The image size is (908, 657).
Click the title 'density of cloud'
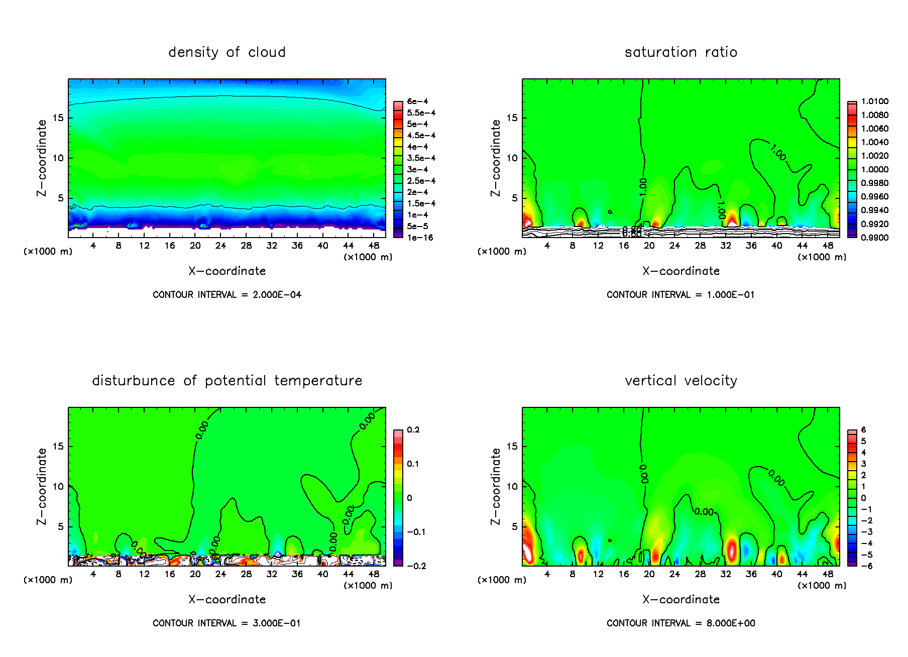pos(226,52)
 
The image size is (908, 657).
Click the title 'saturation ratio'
pos(680,52)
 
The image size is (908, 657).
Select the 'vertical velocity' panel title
pos(680,381)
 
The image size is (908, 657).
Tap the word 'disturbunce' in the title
pos(133,381)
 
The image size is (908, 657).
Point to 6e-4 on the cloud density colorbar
pos(417,101)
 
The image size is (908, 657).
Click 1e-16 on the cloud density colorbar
pos(420,238)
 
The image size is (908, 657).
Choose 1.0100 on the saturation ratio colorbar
pos(874,101)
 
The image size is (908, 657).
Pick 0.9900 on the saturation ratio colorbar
pos(874,238)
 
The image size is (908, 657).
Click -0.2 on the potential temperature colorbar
pos(416,566)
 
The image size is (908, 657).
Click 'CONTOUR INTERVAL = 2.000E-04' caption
pos(226,295)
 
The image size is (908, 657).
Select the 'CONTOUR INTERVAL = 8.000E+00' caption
pos(680,623)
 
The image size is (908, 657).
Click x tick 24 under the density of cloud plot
pos(220,246)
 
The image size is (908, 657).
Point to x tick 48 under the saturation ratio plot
pos(828,246)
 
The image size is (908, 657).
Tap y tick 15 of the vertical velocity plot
pos(512,447)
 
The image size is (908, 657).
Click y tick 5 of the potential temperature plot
pos(61,527)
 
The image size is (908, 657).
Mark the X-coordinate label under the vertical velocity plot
pos(680,599)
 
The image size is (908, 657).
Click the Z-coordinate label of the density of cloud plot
pos(42,158)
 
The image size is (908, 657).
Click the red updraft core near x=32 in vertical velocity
pos(731,549)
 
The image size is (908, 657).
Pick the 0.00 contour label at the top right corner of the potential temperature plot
pos(367,421)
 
